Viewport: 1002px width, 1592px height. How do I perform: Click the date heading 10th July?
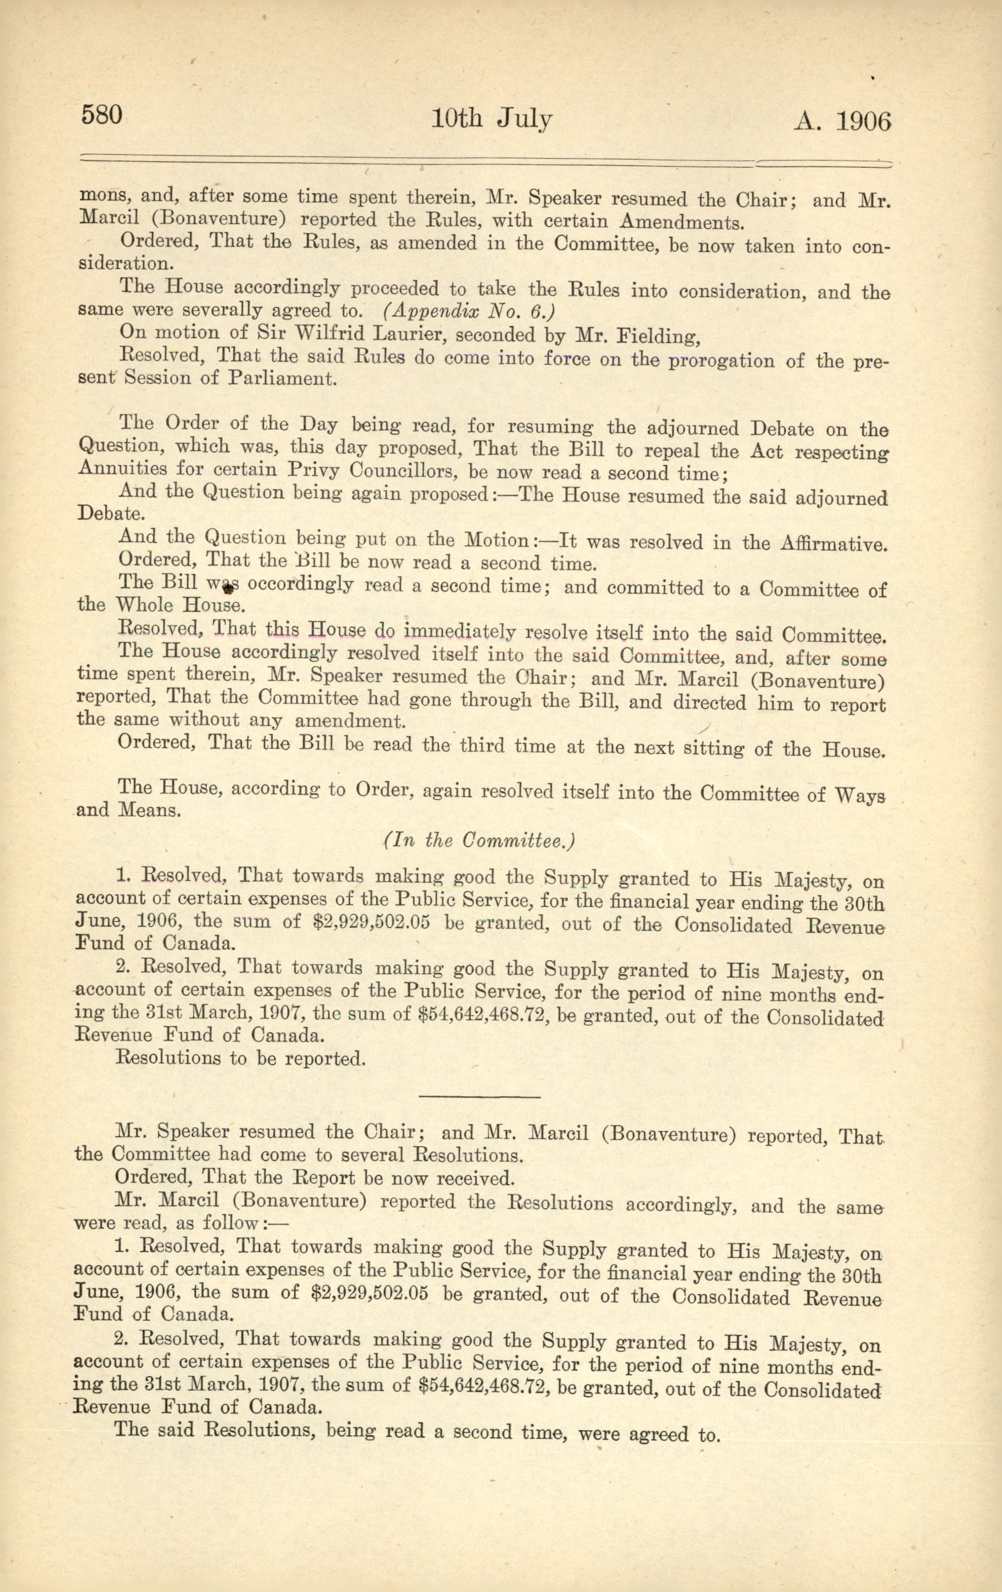click(492, 119)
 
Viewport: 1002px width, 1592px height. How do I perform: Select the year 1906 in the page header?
click(863, 122)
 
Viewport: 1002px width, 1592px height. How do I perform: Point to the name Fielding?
click(656, 337)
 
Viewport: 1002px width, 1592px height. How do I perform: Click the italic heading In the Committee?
click(479, 840)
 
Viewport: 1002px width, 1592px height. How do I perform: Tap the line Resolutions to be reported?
click(240, 1058)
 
